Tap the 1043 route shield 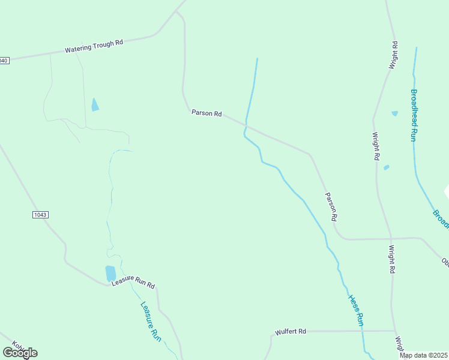(x=40, y=214)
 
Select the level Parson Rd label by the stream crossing (x=206, y=113)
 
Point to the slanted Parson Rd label (x=331, y=206)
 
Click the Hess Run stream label (x=356, y=310)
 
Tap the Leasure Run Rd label (x=133, y=281)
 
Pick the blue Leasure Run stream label (x=151, y=322)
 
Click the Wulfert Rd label (x=291, y=331)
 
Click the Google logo (x=20, y=352)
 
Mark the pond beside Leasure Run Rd (x=110, y=274)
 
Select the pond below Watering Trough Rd (x=94, y=105)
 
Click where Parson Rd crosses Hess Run (x=246, y=125)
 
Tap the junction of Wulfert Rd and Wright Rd (x=394, y=331)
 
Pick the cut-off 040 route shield (x=4, y=61)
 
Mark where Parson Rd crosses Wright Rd (x=391, y=238)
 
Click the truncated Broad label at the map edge (x=441, y=218)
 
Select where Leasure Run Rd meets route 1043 (x=108, y=285)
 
